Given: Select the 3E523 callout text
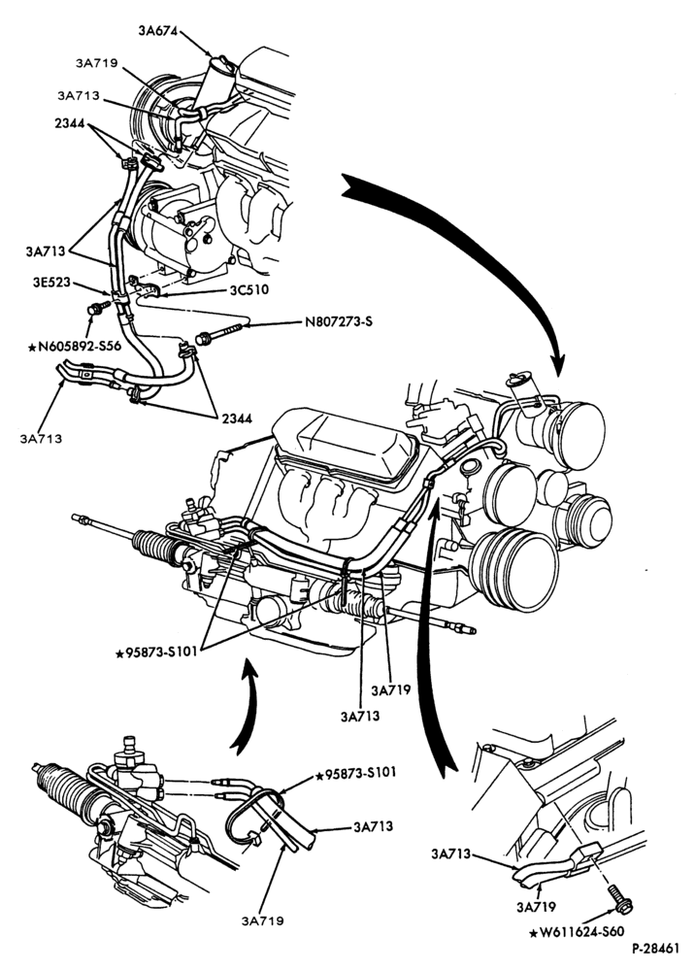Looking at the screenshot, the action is pyautogui.click(x=52, y=284).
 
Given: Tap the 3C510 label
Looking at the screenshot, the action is pyautogui.click(x=248, y=289).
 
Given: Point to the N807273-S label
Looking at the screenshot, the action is pyautogui.click(x=339, y=322).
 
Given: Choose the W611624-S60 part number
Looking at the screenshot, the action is pyautogui.click(x=577, y=931).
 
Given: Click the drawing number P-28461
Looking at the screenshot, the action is pyautogui.click(x=656, y=948).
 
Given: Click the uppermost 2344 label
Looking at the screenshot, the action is pyautogui.click(x=69, y=122).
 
